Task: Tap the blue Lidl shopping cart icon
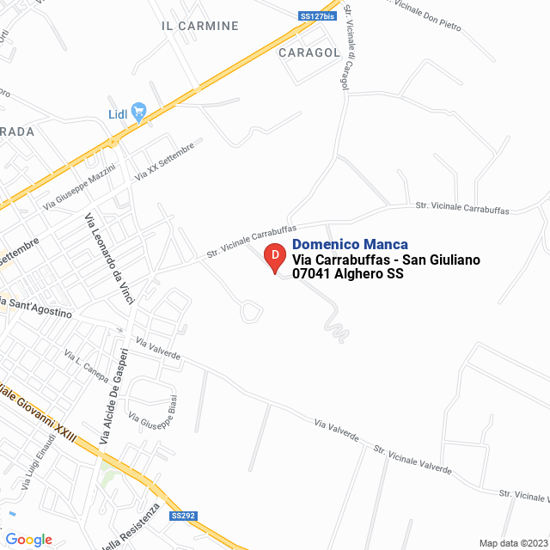pyautogui.click(x=139, y=112)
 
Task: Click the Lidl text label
pyautogui.click(x=118, y=114)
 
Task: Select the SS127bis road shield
pyautogui.click(x=316, y=15)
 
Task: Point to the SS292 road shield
pyautogui.click(x=183, y=516)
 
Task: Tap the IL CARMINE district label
pyautogui.click(x=200, y=26)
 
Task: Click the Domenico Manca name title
pyautogui.click(x=350, y=245)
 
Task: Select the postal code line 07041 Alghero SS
pyautogui.click(x=348, y=274)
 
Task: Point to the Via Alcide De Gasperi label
pyautogui.click(x=114, y=395)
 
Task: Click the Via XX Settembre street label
pyautogui.click(x=165, y=161)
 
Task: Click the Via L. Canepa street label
pyautogui.click(x=86, y=365)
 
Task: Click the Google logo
pyautogui.click(x=28, y=540)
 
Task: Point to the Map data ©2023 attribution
pyautogui.click(x=512, y=543)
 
